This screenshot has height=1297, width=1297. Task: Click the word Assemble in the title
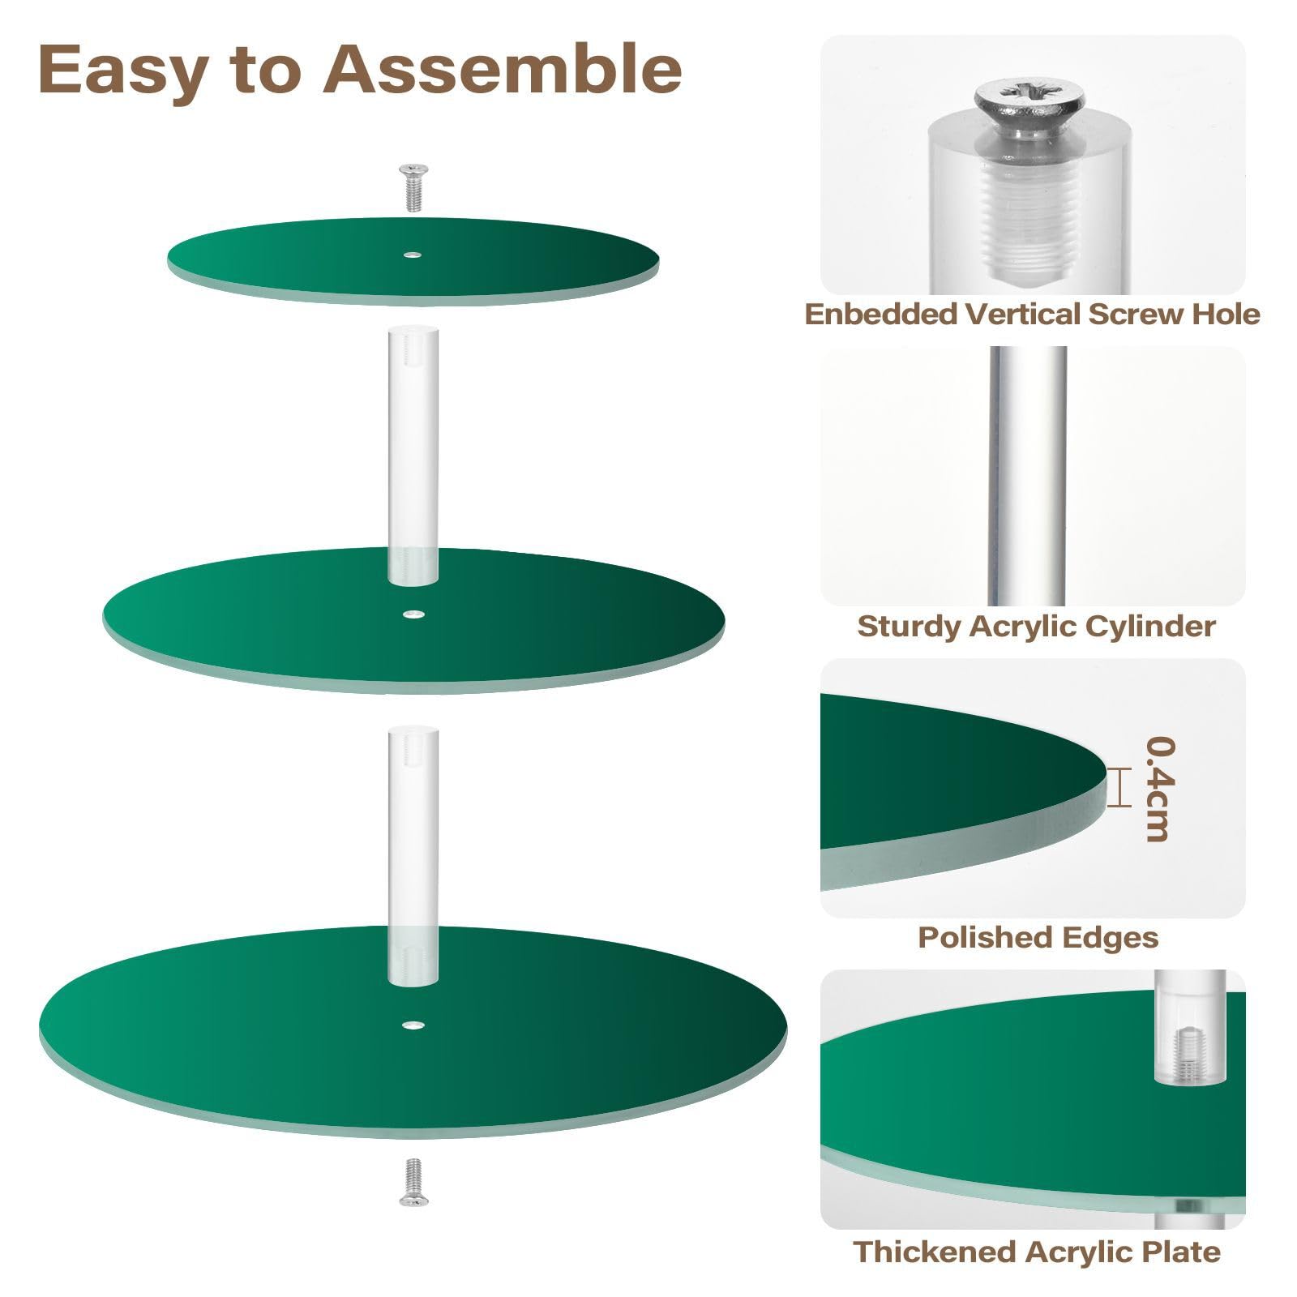pos(503,69)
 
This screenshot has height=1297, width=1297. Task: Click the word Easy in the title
pos(122,69)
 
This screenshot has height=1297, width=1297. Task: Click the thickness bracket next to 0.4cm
pos(1119,788)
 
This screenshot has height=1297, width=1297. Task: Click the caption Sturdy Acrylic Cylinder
pos(1036,626)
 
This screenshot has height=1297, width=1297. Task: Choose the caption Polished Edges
pos(1038,937)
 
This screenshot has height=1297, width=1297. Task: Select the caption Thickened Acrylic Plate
pos(1036,1251)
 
